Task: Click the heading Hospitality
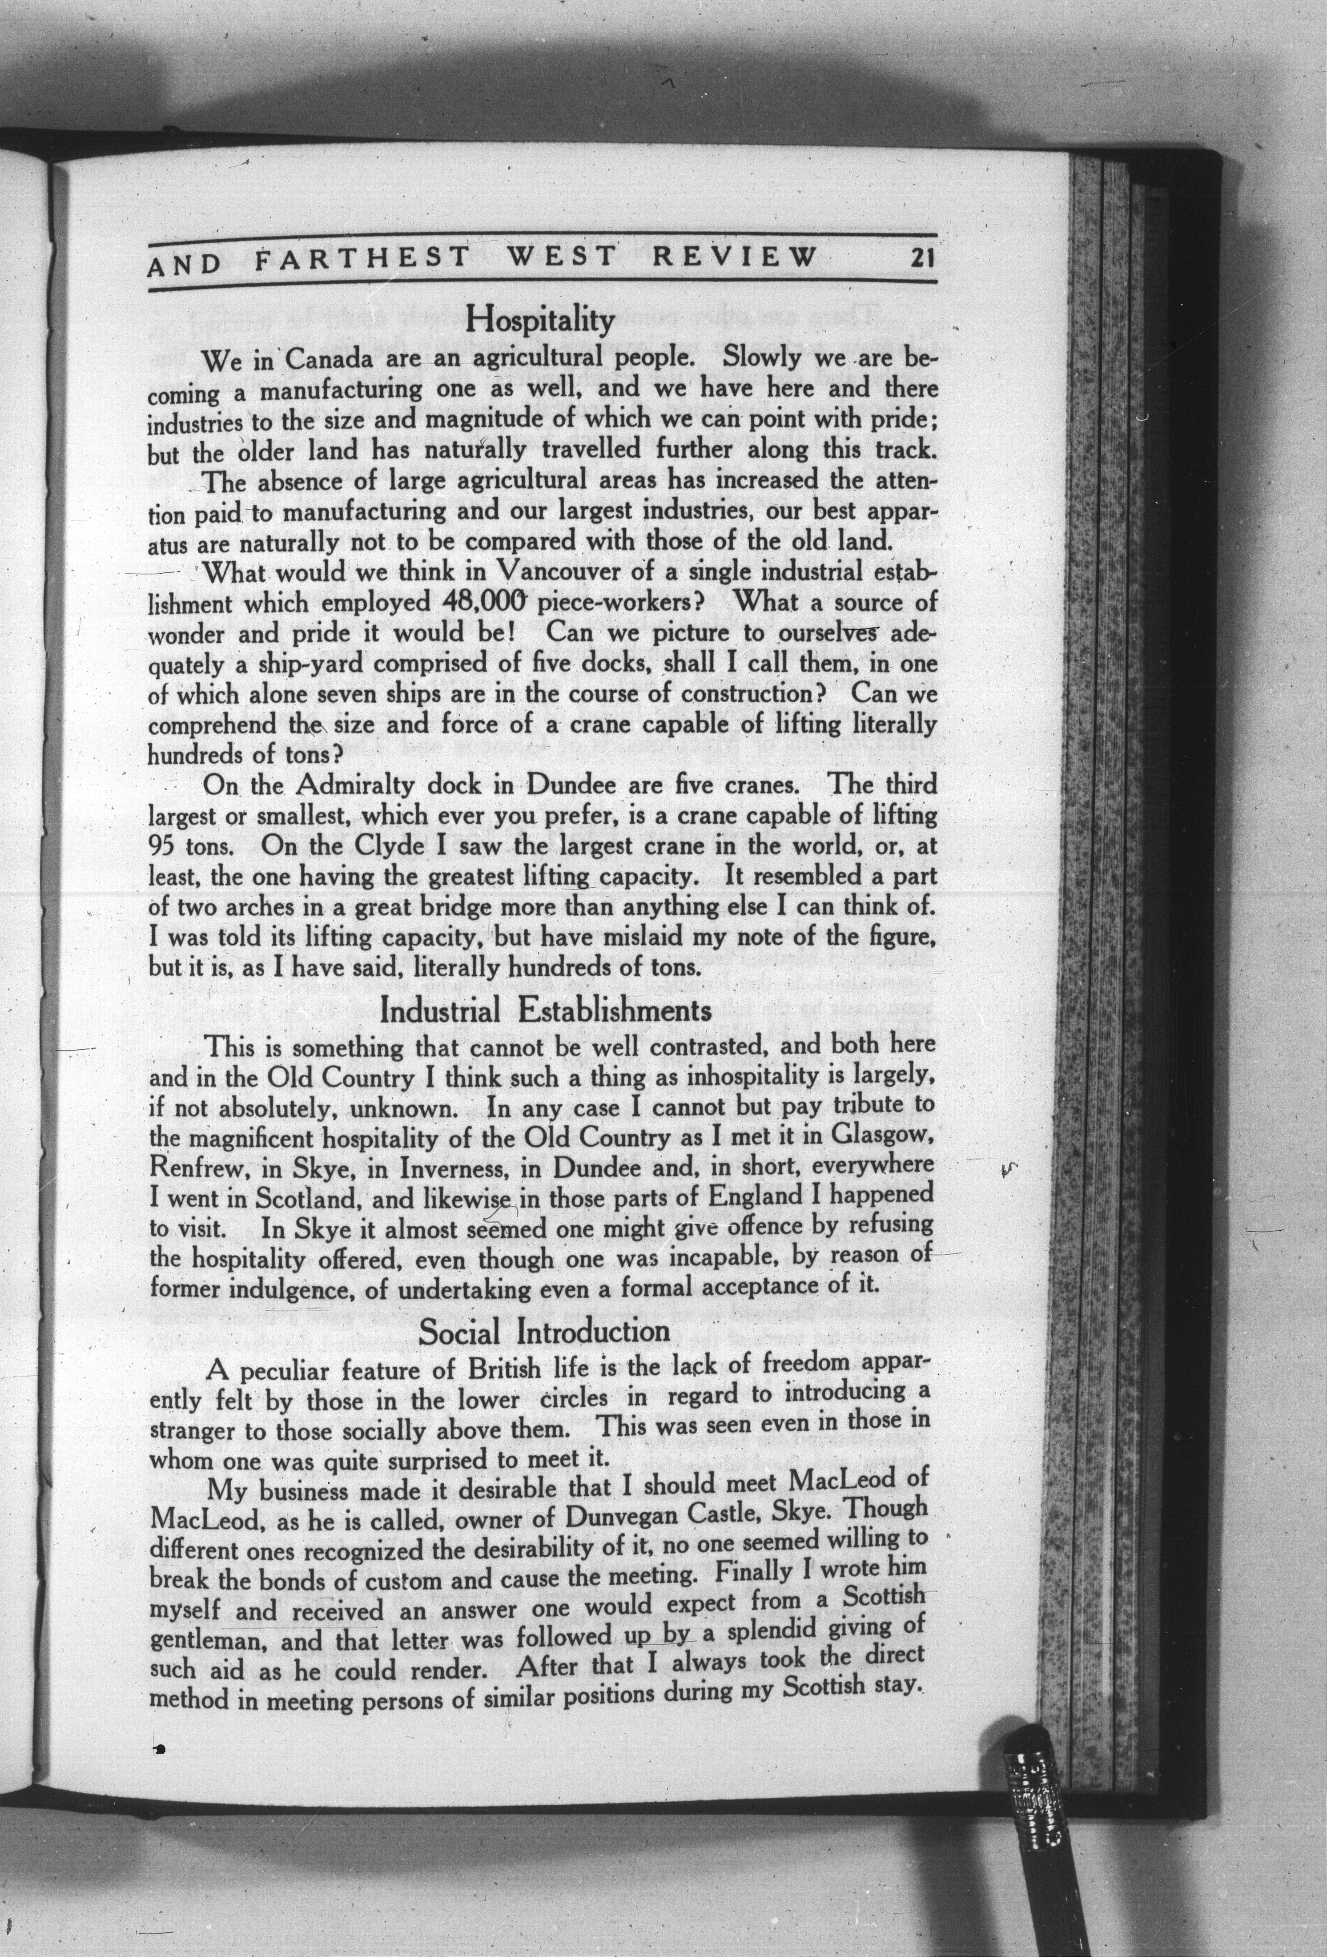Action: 541,319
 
